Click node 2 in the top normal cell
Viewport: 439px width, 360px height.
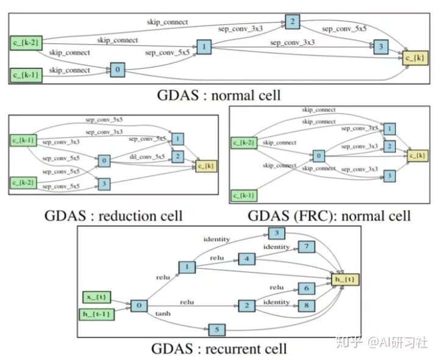point(293,22)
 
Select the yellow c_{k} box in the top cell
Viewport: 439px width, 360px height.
point(415,58)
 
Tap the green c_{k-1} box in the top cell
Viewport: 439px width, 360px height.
point(26,76)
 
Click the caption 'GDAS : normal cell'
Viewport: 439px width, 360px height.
point(219,96)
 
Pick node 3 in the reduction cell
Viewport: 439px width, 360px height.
point(104,184)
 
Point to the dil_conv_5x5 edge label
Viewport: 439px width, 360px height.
point(147,157)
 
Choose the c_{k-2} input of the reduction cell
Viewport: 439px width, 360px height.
point(24,183)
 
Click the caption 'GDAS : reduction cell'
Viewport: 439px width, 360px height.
point(113,216)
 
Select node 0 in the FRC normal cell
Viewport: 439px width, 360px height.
point(319,156)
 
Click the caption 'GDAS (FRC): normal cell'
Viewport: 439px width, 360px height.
point(329,216)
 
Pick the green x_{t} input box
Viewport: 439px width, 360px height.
point(97,297)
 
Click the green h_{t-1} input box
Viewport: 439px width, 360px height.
point(97,314)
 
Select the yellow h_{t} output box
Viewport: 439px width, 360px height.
point(345,280)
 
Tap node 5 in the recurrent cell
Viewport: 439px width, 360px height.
point(217,330)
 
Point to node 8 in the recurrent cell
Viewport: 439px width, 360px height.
point(307,306)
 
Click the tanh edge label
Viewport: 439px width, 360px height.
point(163,314)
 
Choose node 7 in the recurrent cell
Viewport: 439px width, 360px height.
point(307,247)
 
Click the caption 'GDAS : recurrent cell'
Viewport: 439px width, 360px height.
point(219,349)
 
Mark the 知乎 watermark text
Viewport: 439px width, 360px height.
point(349,342)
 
